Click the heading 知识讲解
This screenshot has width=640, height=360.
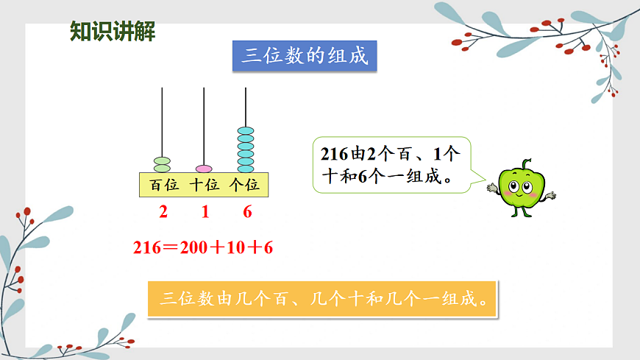coord(112,32)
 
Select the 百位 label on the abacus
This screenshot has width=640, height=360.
coord(163,185)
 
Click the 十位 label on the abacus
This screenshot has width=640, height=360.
coord(205,185)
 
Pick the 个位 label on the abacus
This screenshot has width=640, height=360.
coord(245,185)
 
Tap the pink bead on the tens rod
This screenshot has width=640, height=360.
coord(204,169)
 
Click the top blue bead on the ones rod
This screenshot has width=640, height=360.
coord(246,130)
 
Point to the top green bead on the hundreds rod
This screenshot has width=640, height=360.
coord(162,160)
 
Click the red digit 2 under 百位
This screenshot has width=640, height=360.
coord(163,213)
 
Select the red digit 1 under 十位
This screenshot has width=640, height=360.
coord(205,213)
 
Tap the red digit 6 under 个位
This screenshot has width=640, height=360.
coord(247,213)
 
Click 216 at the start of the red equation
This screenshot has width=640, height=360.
coord(147,248)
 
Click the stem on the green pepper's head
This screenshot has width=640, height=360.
coord(525,164)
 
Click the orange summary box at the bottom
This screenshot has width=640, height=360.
coord(322,299)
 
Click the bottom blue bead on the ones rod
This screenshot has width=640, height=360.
coord(246,169)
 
